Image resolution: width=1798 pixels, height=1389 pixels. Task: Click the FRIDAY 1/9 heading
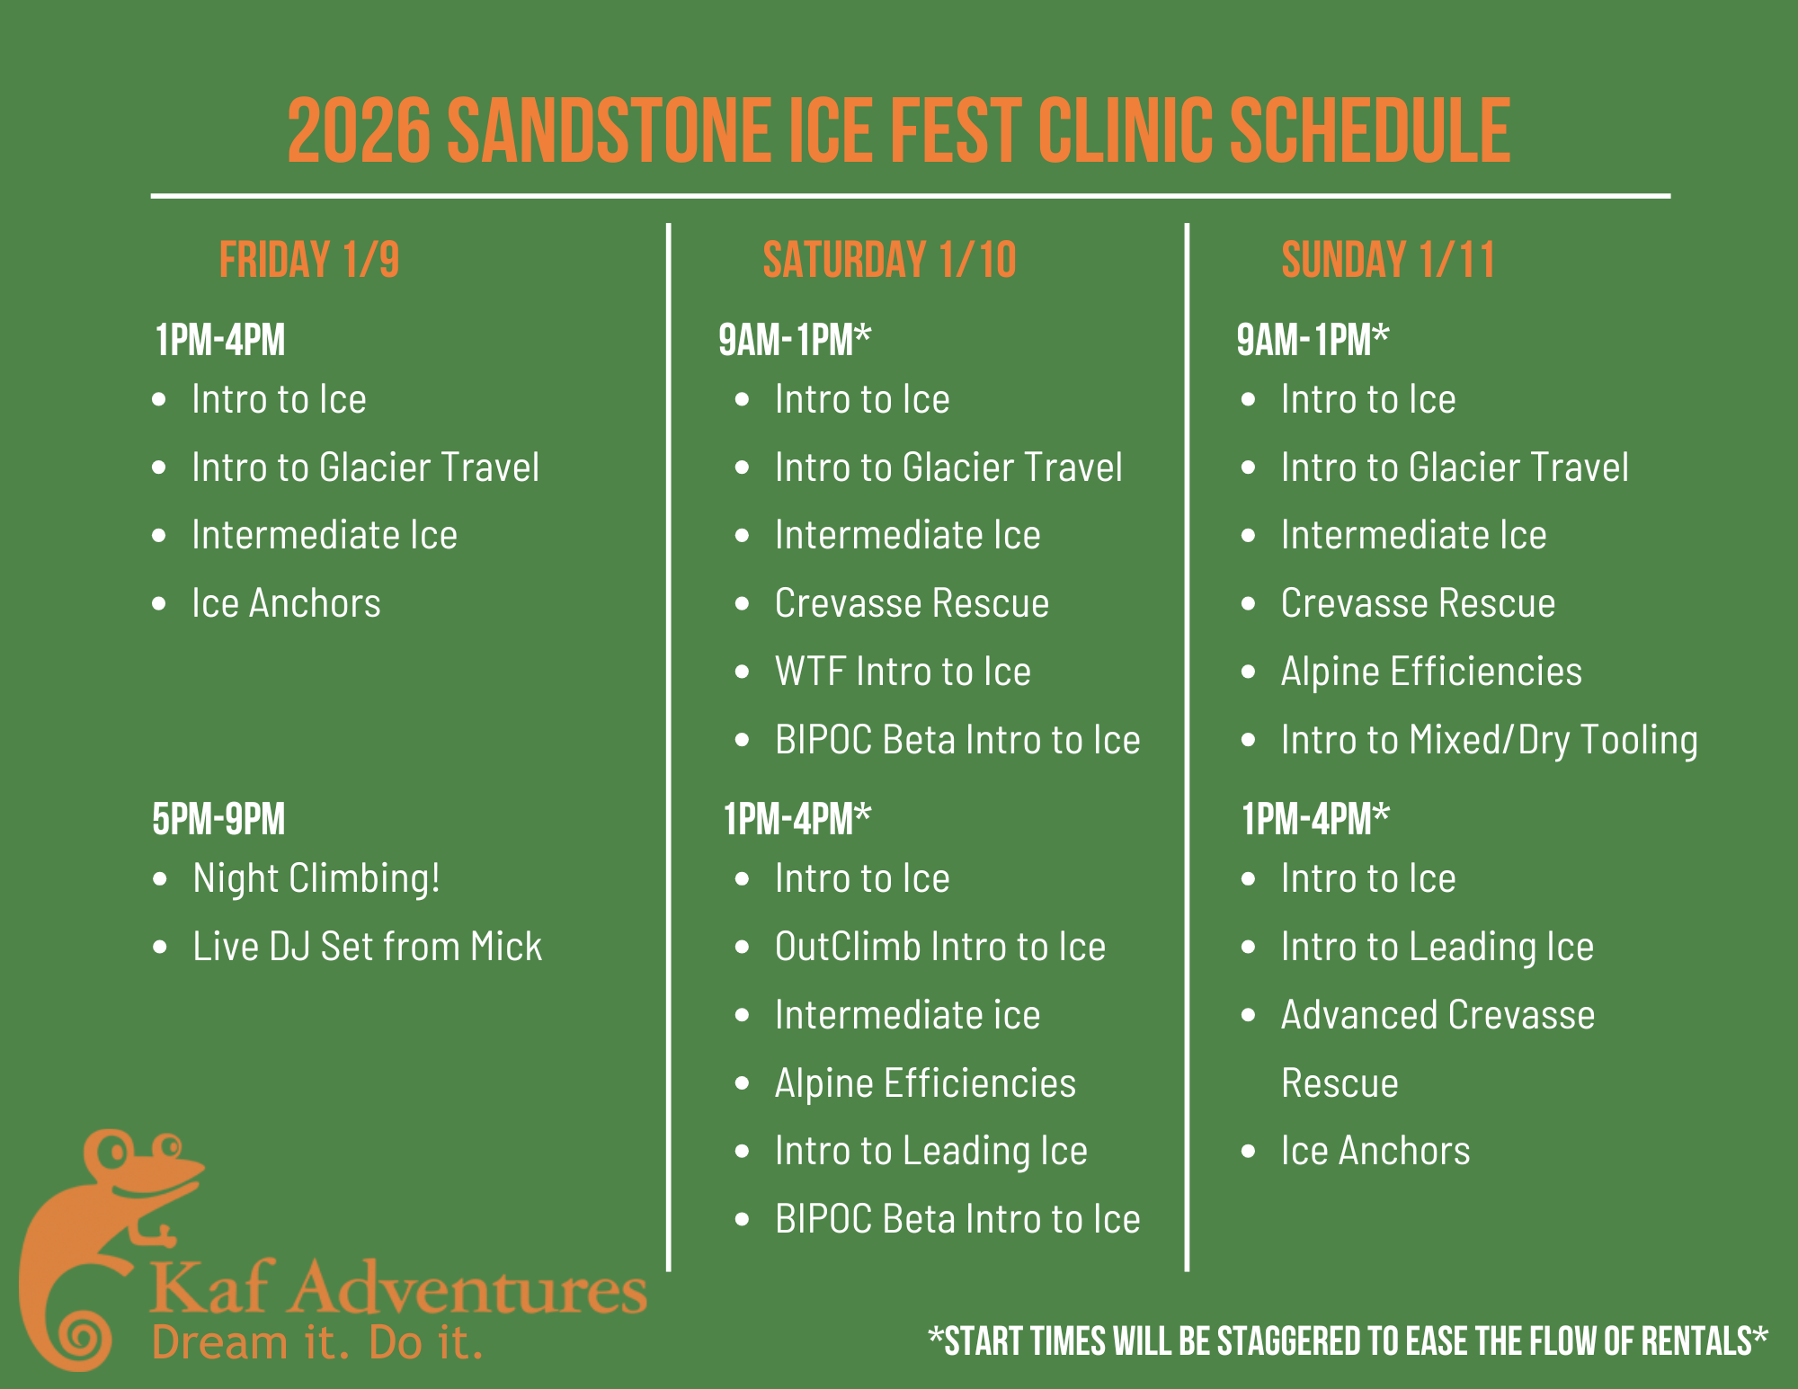pos(308,260)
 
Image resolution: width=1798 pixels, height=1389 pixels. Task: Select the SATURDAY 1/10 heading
pos(888,260)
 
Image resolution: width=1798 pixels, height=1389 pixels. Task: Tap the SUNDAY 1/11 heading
pos(1387,260)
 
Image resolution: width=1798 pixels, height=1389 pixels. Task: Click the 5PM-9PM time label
pos(218,819)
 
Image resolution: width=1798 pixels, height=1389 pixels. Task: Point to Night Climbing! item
pos(316,878)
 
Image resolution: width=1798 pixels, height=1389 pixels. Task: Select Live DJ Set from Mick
pos(367,947)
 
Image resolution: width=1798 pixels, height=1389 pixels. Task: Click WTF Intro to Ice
pos(902,672)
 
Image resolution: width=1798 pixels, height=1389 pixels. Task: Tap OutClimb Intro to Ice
pos(939,947)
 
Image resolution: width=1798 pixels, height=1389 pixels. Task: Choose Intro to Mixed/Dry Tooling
pos(1489,740)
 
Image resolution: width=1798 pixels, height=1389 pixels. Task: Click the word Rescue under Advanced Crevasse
pos(1340,1082)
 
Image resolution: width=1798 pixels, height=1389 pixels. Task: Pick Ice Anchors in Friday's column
pos(286,603)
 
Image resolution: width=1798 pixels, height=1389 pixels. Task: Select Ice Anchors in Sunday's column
pos(1375,1151)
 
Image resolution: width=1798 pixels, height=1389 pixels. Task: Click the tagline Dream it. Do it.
pos(317,1342)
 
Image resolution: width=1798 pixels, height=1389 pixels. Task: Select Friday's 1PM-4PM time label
pos(219,341)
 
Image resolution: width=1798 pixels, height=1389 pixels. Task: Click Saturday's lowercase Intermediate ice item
pos(906,1015)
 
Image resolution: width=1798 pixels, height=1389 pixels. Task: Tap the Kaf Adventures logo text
pos(398,1287)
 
